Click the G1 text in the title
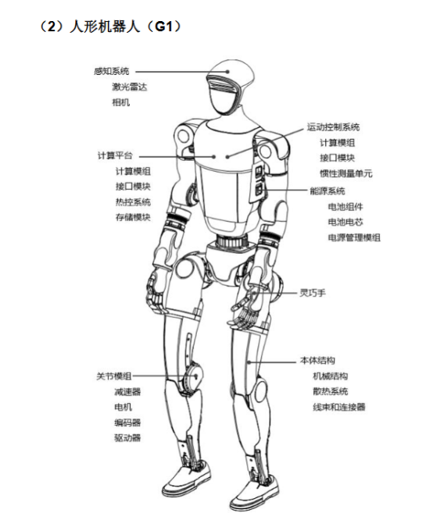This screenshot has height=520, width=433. coord(164,27)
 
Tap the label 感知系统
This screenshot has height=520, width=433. coord(112,71)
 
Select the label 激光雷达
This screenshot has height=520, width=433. coord(129,87)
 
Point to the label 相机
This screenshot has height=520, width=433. coord(120,102)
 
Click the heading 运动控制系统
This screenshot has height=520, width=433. coord(333,127)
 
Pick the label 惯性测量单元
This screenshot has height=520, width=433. coord(346,173)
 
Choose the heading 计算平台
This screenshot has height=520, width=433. coord(115,155)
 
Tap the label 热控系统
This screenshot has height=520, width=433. coord(133,201)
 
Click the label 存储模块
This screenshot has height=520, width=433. coord(133,217)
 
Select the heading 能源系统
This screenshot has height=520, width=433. coord(327,191)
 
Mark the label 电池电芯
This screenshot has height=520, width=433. coord(345,222)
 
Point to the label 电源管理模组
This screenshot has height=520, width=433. coord(354,237)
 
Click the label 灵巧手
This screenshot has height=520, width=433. coord(313,293)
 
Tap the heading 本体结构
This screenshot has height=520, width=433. coord(317,361)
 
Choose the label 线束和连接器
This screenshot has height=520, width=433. coord(339,407)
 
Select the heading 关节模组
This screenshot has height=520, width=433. coord(114,376)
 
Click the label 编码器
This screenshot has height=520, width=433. coord(127,422)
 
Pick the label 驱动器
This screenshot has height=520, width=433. coord(127,438)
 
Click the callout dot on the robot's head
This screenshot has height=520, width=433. coord(227,71)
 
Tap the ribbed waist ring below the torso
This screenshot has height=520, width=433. coord(232,240)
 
